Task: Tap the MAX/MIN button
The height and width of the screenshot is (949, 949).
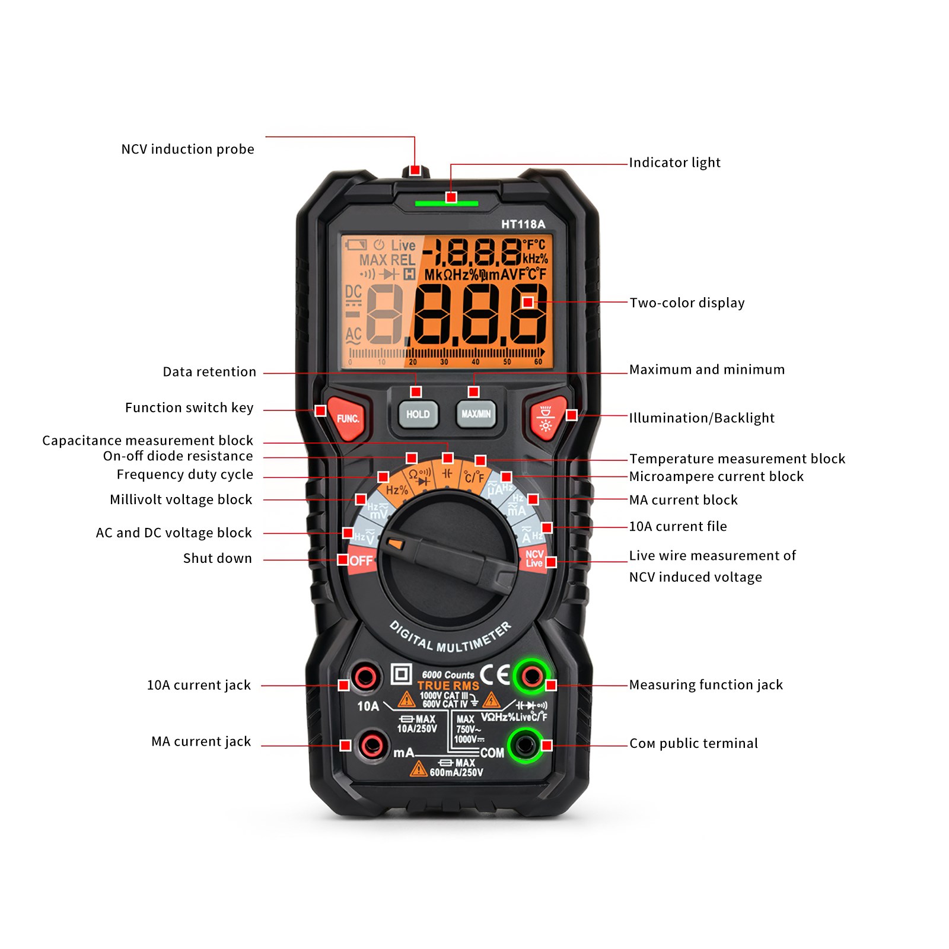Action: tap(476, 414)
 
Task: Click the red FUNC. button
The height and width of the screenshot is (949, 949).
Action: tap(348, 418)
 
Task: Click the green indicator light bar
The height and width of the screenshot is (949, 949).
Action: tap(446, 203)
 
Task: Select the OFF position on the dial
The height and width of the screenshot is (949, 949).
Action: tap(361, 561)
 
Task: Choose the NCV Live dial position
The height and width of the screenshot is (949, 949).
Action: tap(534, 559)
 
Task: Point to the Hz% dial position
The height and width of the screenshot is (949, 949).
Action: tap(397, 490)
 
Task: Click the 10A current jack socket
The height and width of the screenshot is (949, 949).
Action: tap(364, 677)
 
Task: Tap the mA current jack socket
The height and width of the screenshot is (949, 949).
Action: tap(372, 744)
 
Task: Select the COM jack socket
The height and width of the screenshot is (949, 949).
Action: tap(524, 744)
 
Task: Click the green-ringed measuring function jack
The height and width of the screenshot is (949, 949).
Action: tap(531, 676)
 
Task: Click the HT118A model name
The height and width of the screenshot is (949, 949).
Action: tap(523, 224)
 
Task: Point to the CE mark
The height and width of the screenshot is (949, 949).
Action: tap(495, 674)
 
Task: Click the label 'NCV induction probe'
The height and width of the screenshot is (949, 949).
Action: tap(187, 149)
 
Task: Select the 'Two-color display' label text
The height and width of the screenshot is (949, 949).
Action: tap(686, 302)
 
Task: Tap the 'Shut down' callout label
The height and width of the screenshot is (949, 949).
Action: tap(217, 558)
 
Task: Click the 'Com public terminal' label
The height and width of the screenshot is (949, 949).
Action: tap(693, 743)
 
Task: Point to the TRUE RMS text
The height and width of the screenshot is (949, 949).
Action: tap(448, 686)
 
